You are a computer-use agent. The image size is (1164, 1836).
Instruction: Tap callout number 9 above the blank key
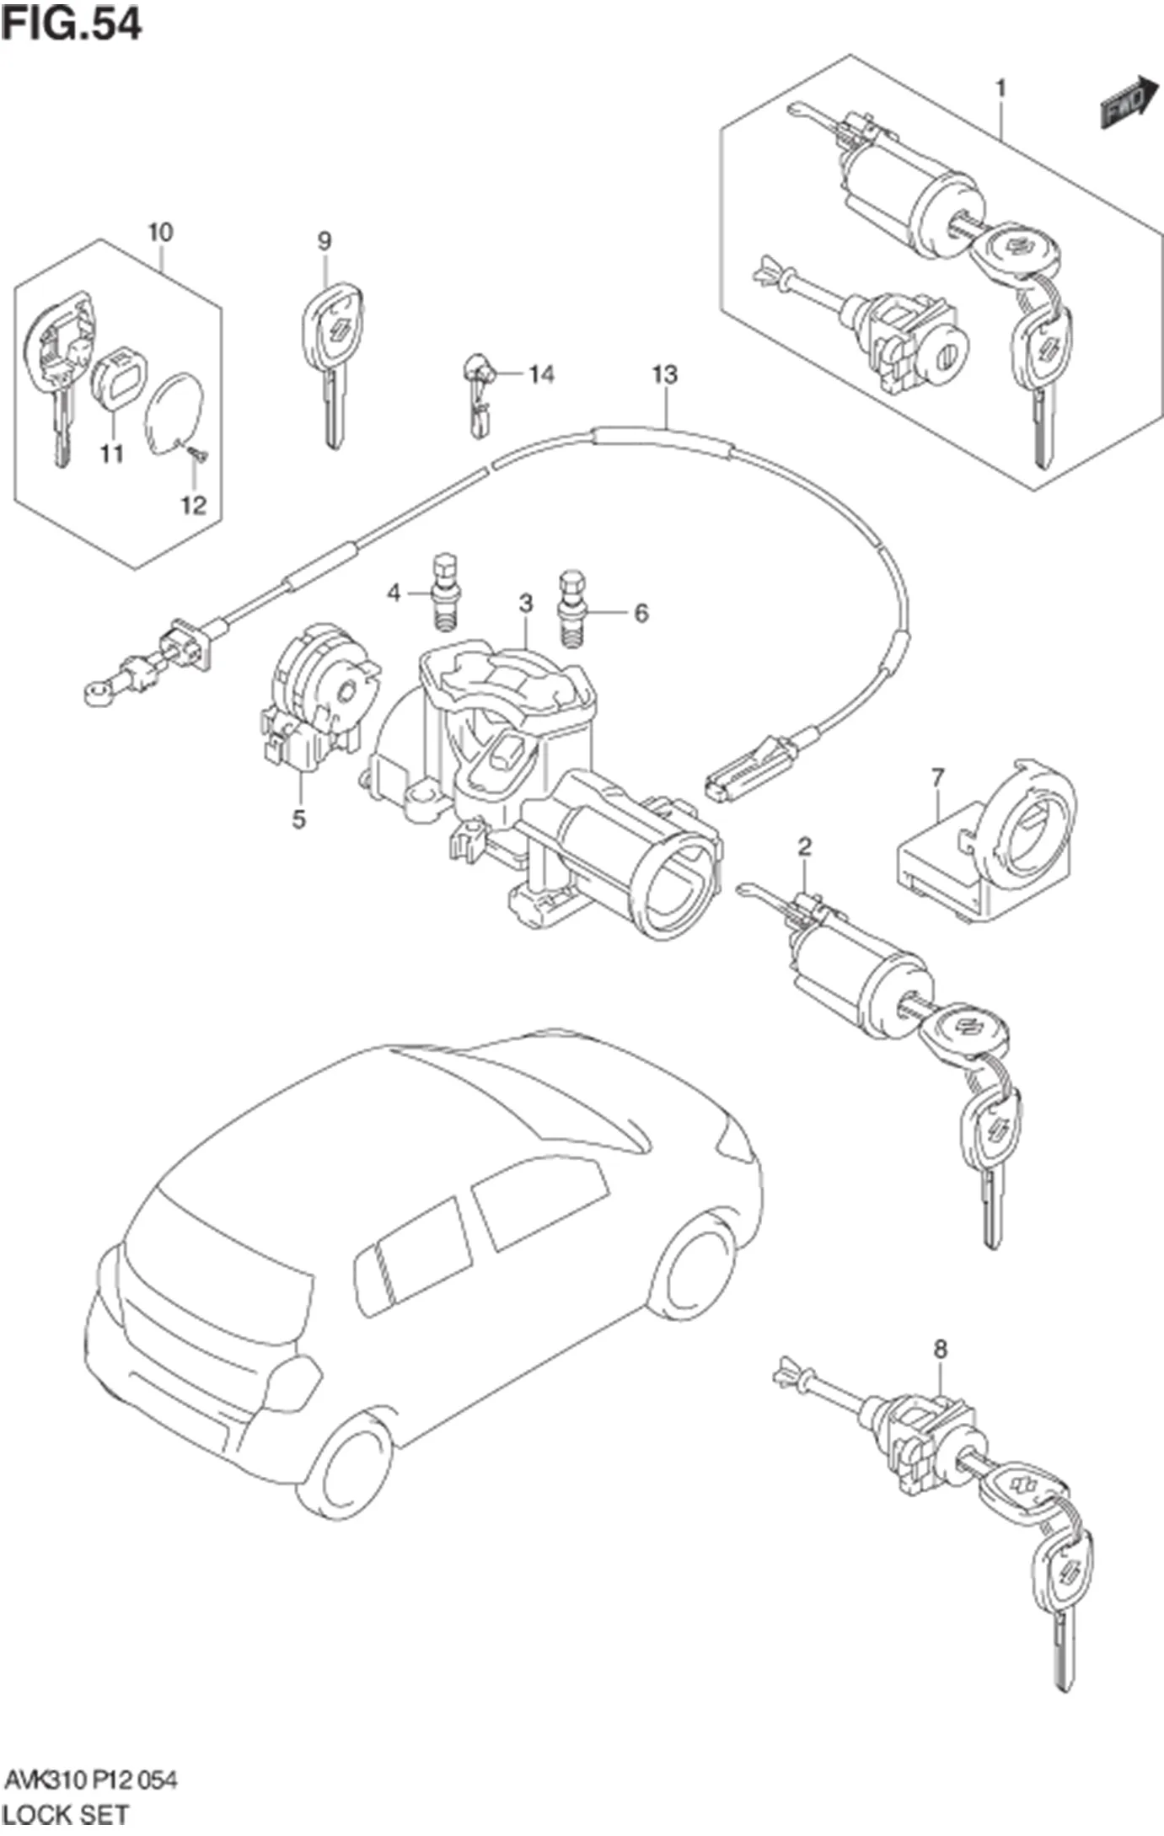[325, 241]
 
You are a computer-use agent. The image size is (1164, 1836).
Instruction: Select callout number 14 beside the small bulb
[541, 373]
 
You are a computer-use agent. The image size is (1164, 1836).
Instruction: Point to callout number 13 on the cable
[665, 373]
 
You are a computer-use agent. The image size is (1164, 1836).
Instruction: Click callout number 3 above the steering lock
[526, 603]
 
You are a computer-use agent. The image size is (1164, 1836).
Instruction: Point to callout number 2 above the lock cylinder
[805, 846]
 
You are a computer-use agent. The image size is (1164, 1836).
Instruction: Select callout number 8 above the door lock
[940, 1350]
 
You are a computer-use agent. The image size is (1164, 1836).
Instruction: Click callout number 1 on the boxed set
[1001, 88]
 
